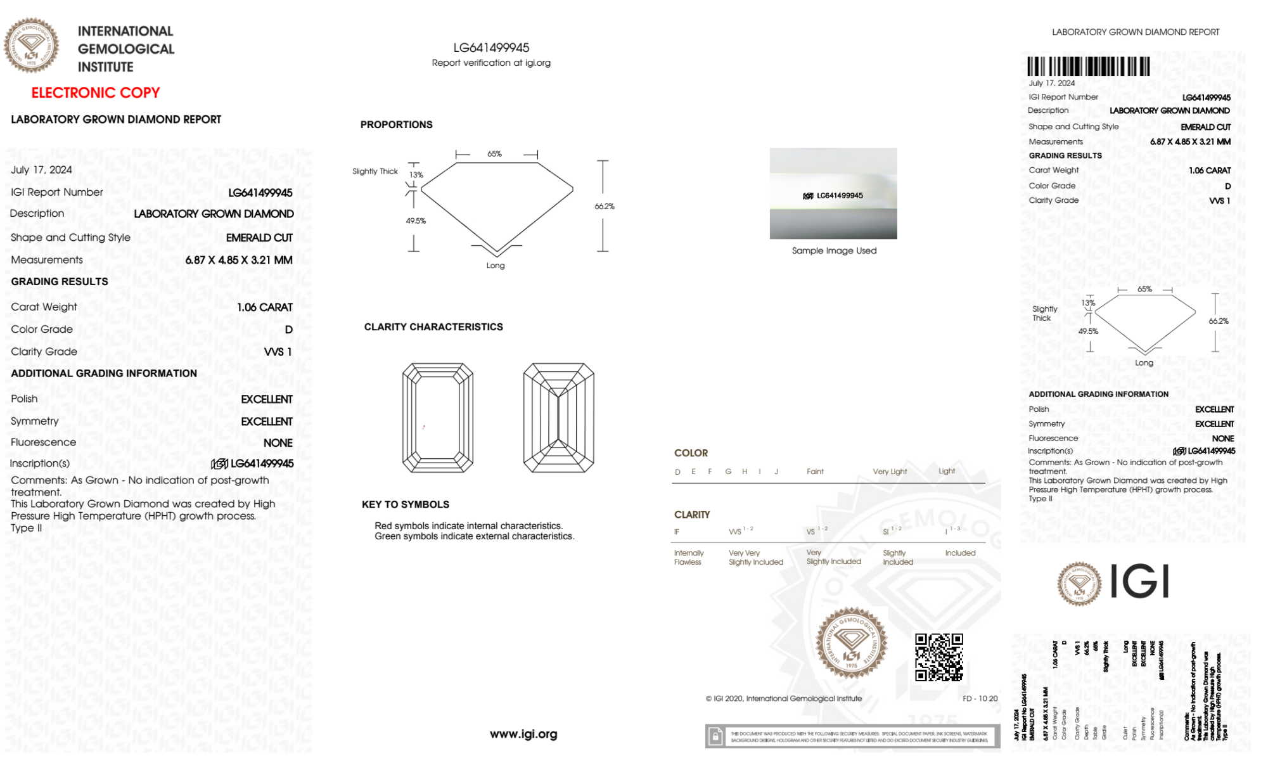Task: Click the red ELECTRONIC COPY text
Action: (96, 93)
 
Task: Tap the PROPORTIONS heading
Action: (396, 125)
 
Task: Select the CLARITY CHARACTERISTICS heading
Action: (433, 327)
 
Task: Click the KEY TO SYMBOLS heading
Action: (406, 504)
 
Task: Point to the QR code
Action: (938, 657)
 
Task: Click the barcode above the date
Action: (1088, 67)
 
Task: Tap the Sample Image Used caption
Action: (834, 251)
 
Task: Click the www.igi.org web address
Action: (523, 734)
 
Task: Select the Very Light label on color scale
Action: (890, 472)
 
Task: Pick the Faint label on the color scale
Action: (815, 472)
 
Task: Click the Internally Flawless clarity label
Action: (688, 558)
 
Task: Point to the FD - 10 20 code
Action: (980, 698)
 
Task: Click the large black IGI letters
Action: (1139, 581)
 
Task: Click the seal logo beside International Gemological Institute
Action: (31, 46)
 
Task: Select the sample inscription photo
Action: (833, 193)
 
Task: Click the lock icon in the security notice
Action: (715, 736)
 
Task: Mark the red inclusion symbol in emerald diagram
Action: (423, 427)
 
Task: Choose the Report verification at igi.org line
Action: (491, 63)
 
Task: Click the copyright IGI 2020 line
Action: (784, 698)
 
